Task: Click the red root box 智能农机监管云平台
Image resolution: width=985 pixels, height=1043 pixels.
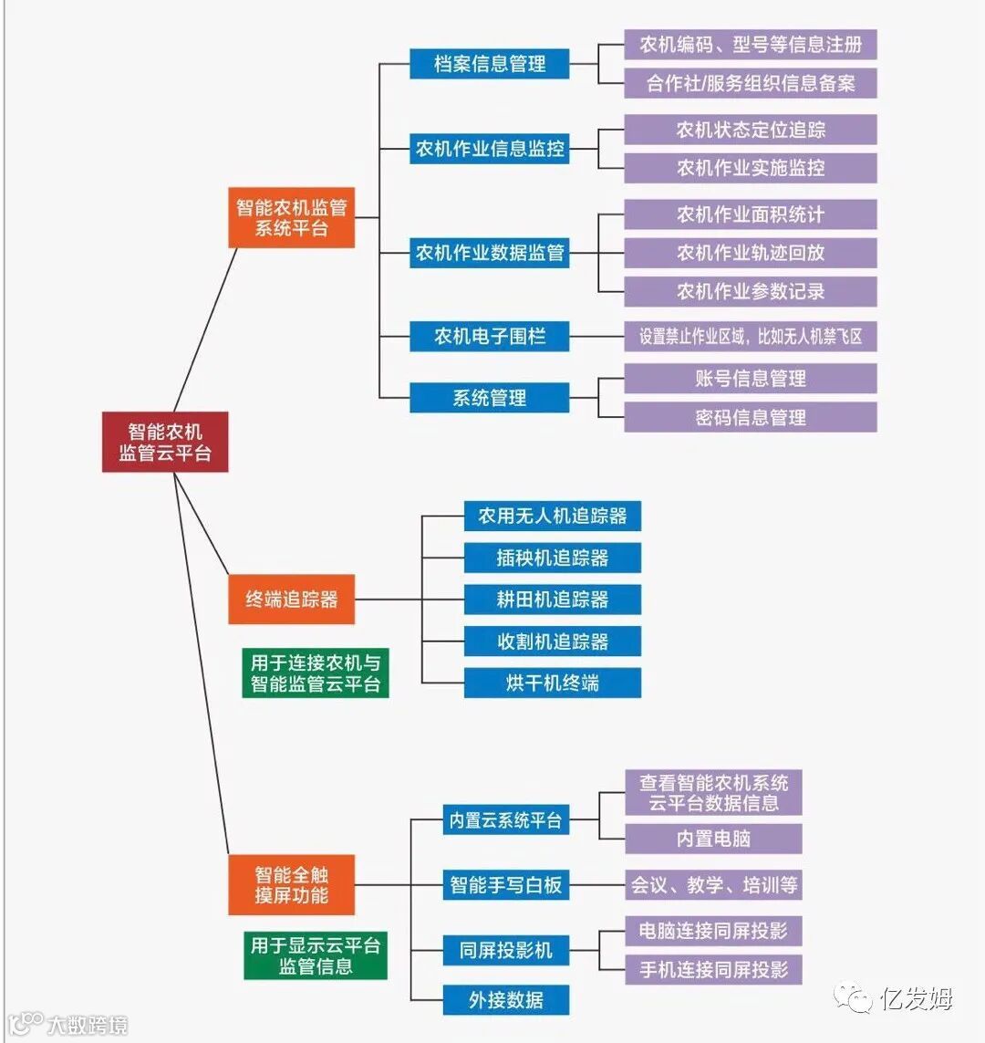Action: coord(165,442)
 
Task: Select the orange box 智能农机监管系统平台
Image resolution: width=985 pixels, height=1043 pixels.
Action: coord(291,217)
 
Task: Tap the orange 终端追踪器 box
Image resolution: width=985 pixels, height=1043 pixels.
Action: coord(291,600)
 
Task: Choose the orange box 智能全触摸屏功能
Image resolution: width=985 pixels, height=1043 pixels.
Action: coord(291,884)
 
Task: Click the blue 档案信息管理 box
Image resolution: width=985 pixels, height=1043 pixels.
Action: coord(490,64)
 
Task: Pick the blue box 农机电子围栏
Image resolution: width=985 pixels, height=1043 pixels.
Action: coord(490,336)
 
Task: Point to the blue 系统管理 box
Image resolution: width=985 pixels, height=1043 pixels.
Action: coord(490,398)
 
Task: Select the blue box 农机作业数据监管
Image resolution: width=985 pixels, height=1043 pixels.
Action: coord(490,253)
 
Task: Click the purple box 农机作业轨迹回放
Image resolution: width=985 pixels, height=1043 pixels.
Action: coord(750,253)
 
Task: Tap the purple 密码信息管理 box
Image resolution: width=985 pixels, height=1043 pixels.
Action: coord(750,418)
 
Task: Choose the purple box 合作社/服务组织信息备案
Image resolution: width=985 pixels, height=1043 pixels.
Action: coord(750,83)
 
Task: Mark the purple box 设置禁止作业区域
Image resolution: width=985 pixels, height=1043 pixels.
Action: coord(750,336)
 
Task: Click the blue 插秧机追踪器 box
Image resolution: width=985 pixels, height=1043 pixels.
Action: coord(552,558)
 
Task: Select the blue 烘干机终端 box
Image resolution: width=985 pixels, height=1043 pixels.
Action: coord(552,683)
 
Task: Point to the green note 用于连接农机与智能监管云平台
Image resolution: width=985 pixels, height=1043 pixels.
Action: coord(316,673)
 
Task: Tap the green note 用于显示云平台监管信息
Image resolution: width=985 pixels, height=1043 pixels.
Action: coord(316,955)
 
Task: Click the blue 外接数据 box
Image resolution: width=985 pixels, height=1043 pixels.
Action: coord(506,999)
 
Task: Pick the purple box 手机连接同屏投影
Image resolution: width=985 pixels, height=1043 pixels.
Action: coord(713,969)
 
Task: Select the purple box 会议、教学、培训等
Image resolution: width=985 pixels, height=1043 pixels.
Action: coord(713,884)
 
